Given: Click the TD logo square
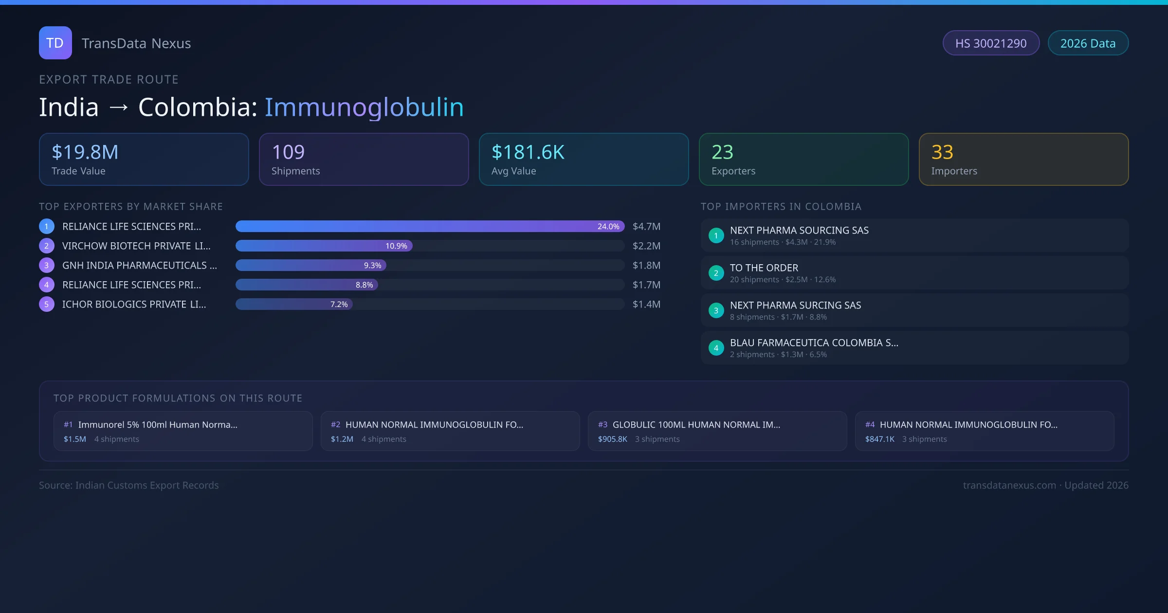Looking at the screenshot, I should click(x=55, y=43).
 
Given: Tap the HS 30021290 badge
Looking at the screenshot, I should click(x=990, y=43).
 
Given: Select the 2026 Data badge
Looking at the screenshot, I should click(x=1088, y=43).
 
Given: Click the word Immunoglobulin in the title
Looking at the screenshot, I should click(x=364, y=107).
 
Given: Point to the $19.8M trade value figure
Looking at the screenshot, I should click(x=85, y=152).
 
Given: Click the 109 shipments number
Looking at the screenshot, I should click(x=288, y=152).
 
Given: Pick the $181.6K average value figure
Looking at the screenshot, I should click(x=528, y=152).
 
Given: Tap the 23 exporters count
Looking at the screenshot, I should click(x=722, y=152).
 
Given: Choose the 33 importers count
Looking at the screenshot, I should click(x=942, y=152).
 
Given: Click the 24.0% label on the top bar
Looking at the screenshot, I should click(x=608, y=226).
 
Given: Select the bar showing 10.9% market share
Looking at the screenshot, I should click(x=324, y=246).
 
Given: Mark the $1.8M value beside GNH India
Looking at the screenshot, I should click(x=646, y=265).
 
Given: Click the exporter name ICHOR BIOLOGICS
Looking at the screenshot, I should click(x=134, y=304).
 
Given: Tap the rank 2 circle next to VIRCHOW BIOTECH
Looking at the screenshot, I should click(x=47, y=246).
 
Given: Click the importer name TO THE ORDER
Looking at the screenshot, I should click(x=764, y=268).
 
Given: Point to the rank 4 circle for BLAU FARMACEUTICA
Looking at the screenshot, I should click(x=716, y=348).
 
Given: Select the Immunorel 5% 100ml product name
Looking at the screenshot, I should click(x=158, y=425).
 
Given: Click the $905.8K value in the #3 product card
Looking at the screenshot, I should click(x=612, y=439).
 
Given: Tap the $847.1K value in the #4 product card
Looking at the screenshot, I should click(x=879, y=439).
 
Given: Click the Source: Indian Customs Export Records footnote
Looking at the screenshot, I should click(x=129, y=485).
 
